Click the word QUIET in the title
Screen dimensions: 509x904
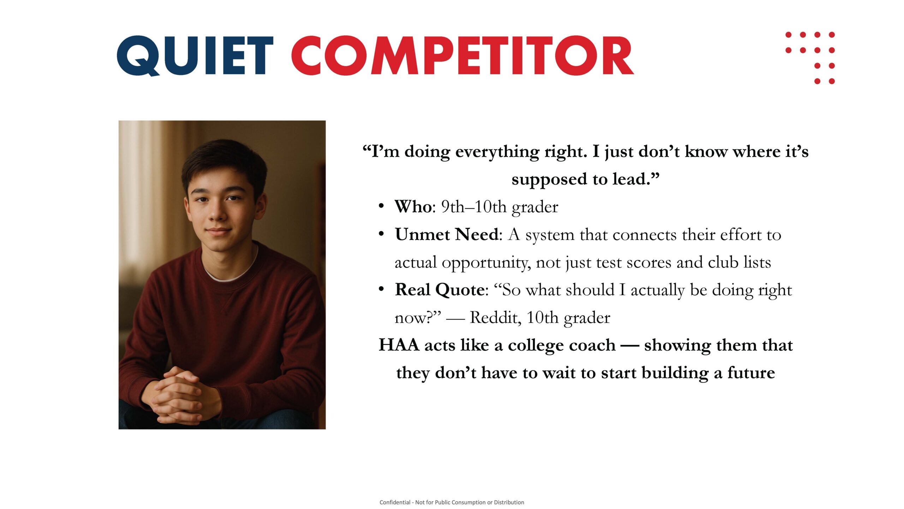[195, 55]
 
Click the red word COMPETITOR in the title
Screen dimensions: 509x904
[462, 55]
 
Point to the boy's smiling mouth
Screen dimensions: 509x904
[219, 232]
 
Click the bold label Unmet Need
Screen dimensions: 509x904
[447, 234]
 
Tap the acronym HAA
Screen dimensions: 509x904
[399, 345]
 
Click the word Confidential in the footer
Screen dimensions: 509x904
[395, 502]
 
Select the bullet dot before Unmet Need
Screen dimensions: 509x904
[381, 234]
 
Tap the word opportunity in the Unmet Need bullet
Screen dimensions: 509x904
[486, 263]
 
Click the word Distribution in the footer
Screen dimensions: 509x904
[509, 502]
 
